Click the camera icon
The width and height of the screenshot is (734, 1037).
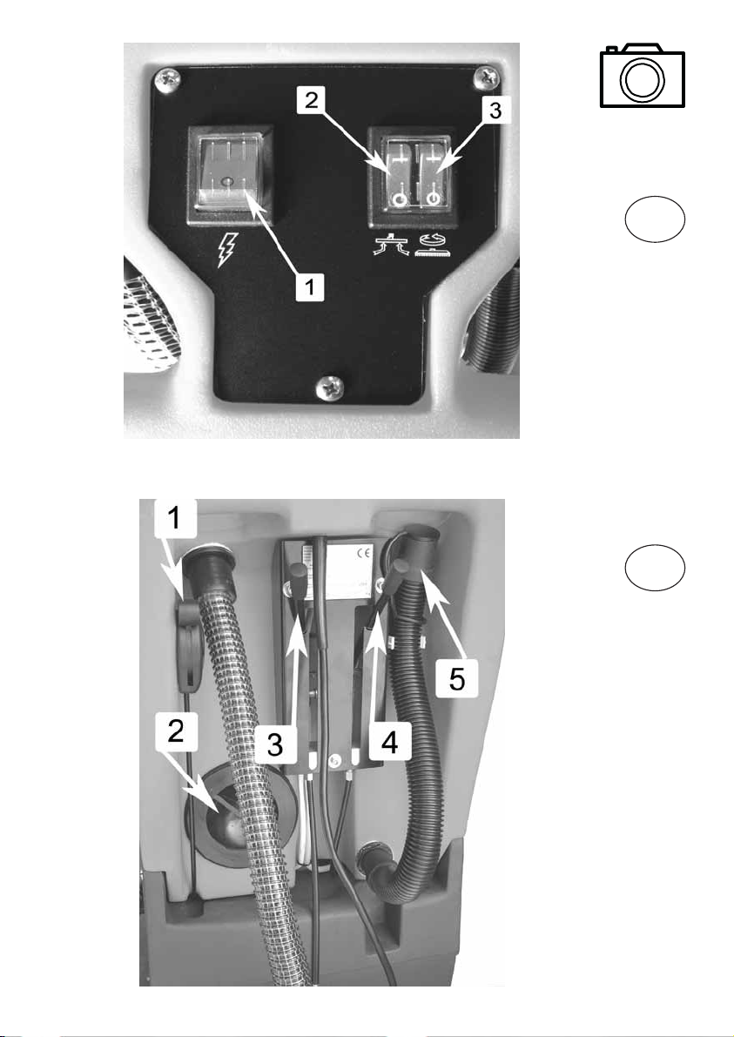pos(642,75)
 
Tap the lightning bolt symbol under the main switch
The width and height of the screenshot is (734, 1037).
pos(226,251)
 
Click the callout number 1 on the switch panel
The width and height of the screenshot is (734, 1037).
pos(309,288)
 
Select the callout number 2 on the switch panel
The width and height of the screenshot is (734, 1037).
pos(311,101)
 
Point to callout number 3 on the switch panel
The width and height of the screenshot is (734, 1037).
pos(495,111)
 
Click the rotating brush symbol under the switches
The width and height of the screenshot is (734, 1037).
pos(433,245)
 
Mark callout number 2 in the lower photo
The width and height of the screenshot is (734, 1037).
pos(175,731)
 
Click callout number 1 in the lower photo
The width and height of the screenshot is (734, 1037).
pos(175,518)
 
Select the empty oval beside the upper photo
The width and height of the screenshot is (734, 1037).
pos(655,219)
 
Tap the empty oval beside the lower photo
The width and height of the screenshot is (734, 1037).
pos(655,567)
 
